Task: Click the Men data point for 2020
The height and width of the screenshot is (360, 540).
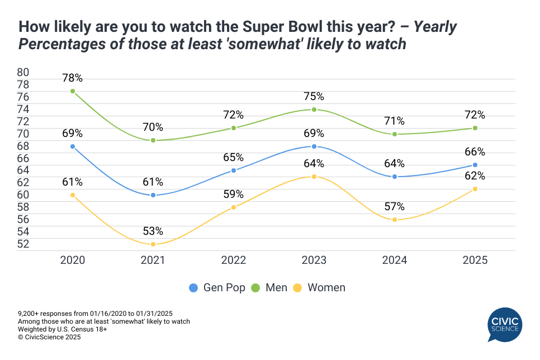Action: point(73,91)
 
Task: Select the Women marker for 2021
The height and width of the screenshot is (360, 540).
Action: point(153,244)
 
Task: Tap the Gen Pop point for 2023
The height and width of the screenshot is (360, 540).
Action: point(314,146)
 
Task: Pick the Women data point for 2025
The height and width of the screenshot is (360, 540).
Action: point(475,189)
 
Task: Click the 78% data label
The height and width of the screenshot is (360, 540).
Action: point(73,78)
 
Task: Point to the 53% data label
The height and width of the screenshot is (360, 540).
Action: point(153,231)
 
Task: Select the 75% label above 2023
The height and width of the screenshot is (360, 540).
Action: point(314,96)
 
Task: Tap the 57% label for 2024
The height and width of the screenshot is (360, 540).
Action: point(394,206)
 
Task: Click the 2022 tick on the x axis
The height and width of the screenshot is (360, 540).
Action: point(233,260)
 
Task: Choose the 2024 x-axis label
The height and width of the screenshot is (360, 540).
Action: point(394,260)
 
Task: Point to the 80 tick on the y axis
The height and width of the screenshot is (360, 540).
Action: point(23,72)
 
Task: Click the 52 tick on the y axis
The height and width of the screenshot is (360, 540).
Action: point(23,244)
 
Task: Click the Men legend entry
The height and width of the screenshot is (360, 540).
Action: point(271,288)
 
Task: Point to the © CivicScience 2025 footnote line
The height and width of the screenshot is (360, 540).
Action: point(49,337)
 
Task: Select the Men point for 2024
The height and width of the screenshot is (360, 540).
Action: point(394,134)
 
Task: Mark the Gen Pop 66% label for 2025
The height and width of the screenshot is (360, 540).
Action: point(475,152)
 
